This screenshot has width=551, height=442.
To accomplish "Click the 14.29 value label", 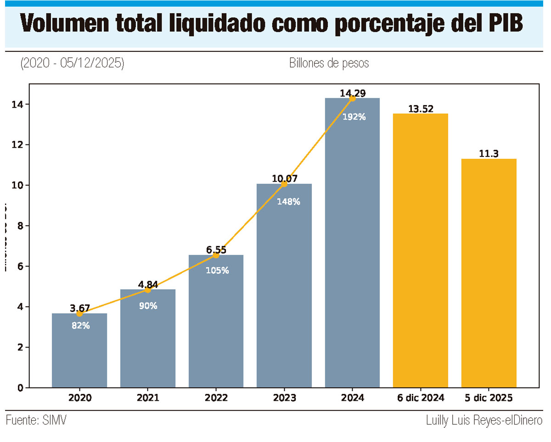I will point(353,93).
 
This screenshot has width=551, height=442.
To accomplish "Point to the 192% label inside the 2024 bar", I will point(354,117).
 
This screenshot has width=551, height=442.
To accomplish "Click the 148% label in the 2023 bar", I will point(288,201).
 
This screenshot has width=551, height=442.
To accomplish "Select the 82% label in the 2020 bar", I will point(81,326).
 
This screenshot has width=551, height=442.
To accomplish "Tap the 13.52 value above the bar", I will point(421,109).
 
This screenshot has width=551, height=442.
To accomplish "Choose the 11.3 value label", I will point(489,154).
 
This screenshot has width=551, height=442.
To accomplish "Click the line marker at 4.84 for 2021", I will point(148,290).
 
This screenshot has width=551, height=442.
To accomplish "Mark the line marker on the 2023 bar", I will point(284,184).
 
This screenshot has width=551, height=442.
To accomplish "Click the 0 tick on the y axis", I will point(20,388).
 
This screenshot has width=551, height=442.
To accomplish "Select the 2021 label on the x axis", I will point(148,398).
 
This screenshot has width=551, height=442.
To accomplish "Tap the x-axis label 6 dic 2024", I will point(421,398).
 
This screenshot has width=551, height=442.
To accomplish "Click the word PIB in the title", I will point(503,24).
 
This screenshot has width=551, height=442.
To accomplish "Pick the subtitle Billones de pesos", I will point(329,63).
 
